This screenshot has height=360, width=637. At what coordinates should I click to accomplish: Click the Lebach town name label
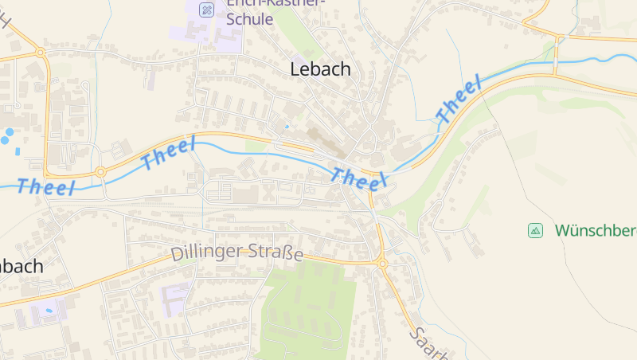pyautogui.click(x=320, y=69)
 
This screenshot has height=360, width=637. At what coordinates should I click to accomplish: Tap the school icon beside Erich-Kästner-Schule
pyautogui.click(x=205, y=10)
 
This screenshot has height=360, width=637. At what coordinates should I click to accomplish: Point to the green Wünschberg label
pyautogui.click(x=596, y=231)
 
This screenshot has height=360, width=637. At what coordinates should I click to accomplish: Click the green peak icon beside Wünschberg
pyautogui.click(x=535, y=231)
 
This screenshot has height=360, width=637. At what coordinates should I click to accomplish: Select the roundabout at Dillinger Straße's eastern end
pyautogui.click(x=381, y=264)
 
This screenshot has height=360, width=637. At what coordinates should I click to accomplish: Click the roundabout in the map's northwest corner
pyautogui.click(x=39, y=53)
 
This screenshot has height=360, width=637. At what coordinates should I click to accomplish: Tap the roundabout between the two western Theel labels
pyautogui.click(x=100, y=171)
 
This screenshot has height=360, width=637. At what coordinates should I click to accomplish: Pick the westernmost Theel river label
pyautogui.click(x=46, y=188)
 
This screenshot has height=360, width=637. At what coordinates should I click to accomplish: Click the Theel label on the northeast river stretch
pyautogui.click(x=459, y=100)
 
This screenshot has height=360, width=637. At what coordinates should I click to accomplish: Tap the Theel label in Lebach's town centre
pyautogui.click(x=358, y=179)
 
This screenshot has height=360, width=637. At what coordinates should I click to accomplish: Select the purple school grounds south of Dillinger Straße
pyautogui.click(x=175, y=297)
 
